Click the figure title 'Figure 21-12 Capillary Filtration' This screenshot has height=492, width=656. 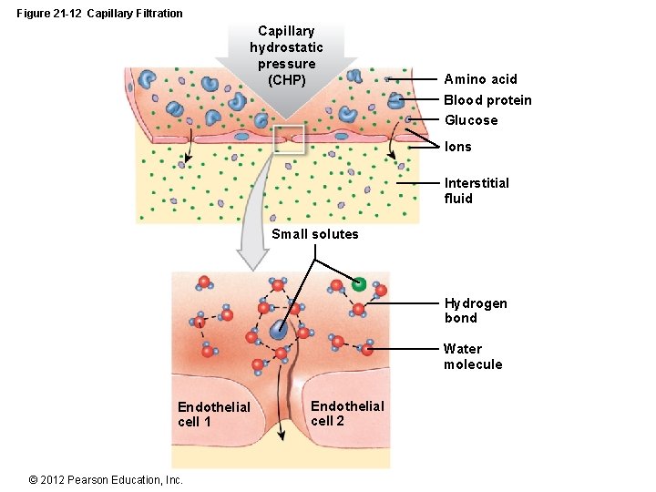(99, 13)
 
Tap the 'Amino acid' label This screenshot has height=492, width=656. (480, 79)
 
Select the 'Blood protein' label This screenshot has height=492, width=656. (487, 100)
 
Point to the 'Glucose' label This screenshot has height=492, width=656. (471, 120)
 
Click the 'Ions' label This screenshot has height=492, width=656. (457, 147)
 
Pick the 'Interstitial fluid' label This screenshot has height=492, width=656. (476, 190)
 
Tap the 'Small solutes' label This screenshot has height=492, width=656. (315, 234)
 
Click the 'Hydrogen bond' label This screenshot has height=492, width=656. (476, 311)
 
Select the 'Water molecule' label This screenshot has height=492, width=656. (473, 356)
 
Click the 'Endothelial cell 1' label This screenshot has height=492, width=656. (213, 414)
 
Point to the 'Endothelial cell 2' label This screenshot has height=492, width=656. (347, 413)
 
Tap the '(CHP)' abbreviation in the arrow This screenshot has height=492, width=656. (287, 80)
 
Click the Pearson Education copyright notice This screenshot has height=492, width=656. (106, 480)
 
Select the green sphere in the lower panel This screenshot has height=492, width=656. (359, 283)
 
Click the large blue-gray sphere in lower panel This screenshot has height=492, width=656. (278, 332)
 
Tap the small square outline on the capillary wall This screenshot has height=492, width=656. (288, 140)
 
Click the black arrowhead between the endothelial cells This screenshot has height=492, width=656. (282, 436)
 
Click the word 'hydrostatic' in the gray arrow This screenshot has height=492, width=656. (286, 47)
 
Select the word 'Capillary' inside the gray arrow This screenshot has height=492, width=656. (286, 31)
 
